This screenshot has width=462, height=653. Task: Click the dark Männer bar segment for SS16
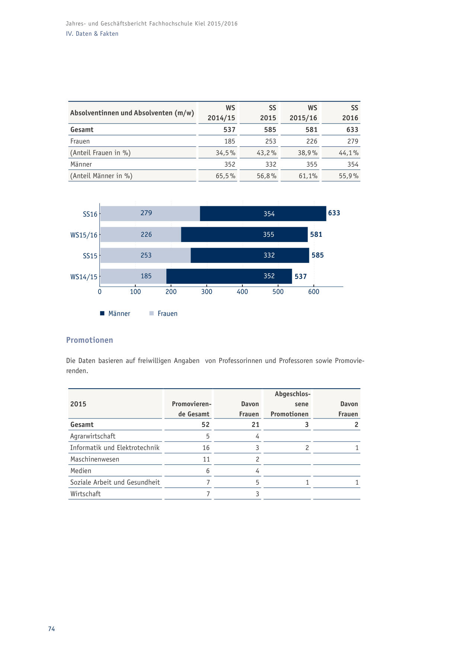(x=263, y=214)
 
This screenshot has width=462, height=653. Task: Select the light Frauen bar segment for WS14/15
(x=133, y=276)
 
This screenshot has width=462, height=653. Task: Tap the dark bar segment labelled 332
(x=250, y=255)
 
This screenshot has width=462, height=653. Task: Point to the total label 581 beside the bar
(x=316, y=235)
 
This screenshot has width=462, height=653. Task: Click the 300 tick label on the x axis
(x=207, y=292)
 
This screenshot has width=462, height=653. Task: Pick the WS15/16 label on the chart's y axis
(x=84, y=235)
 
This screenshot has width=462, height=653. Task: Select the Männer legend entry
(x=115, y=313)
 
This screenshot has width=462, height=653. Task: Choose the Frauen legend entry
(x=163, y=313)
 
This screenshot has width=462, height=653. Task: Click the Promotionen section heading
(x=89, y=340)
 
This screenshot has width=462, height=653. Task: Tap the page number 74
(x=51, y=629)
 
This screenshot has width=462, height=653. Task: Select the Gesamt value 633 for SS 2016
(x=352, y=130)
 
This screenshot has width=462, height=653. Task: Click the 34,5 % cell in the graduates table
(x=226, y=153)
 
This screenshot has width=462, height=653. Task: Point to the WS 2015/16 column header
(x=303, y=113)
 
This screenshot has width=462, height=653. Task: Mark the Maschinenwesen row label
(x=95, y=459)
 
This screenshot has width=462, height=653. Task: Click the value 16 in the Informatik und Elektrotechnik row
(x=206, y=448)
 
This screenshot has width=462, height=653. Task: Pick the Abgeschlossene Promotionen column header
(x=290, y=404)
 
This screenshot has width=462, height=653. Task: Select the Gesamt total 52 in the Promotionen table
(x=205, y=425)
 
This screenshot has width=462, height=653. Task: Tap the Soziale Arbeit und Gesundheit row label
(x=115, y=482)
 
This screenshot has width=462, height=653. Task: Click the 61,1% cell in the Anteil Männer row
(x=308, y=176)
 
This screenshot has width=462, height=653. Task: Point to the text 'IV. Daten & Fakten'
(x=92, y=34)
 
